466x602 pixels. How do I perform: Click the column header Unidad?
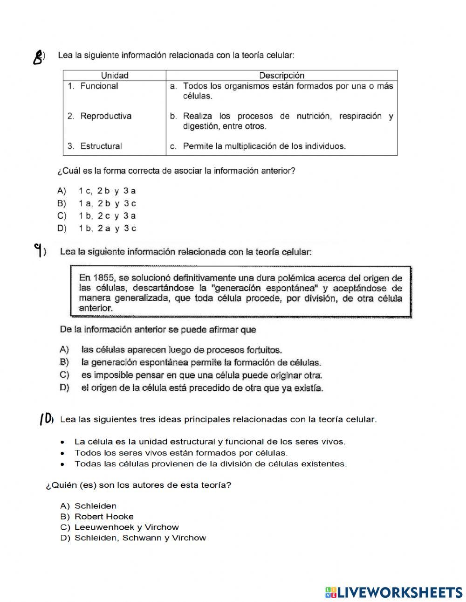click(115, 76)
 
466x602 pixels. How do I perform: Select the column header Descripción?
click(281, 76)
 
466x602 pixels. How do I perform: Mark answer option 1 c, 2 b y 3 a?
click(107, 191)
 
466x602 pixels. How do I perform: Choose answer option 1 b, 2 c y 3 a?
click(107, 216)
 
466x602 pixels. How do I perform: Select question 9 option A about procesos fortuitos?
click(181, 350)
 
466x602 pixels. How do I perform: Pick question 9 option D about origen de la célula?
click(201, 387)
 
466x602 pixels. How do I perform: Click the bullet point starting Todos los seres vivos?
click(181, 453)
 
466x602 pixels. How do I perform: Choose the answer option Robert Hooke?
click(104, 517)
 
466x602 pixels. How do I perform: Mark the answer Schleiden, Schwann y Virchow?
click(140, 538)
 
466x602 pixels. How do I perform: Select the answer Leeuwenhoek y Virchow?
click(126, 527)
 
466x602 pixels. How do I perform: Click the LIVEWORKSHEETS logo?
click(394, 592)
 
